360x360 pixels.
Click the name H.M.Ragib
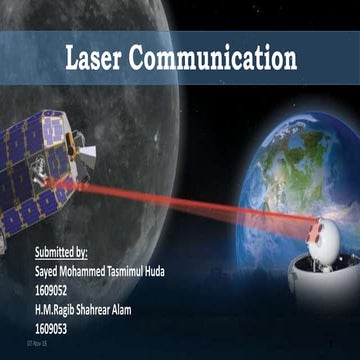click(62, 308)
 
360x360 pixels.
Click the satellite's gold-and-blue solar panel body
click(35, 175)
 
